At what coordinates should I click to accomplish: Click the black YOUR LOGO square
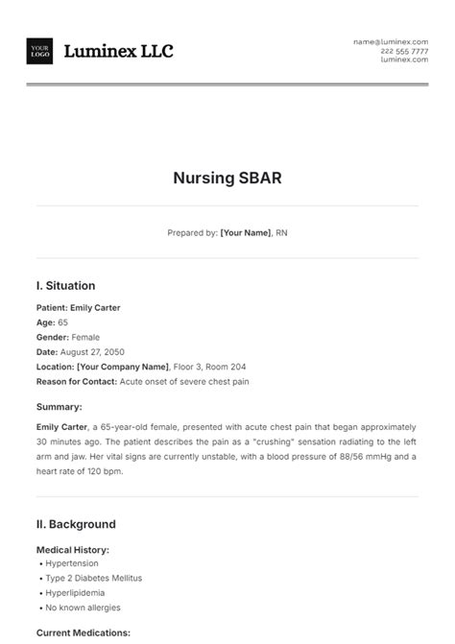click(40, 51)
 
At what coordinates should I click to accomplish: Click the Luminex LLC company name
click(118, 52)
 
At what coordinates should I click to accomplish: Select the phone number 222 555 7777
click(404, 51)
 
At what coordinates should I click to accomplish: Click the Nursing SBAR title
click(227, 178)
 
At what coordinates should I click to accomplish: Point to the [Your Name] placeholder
click(245, 232)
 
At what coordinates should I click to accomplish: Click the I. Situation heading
click(65, 286)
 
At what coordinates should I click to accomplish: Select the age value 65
click(63, 322)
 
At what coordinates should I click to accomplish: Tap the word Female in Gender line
click(87, 337)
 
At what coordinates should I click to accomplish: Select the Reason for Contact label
click(76, 381)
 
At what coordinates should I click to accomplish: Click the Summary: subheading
click(60, 407)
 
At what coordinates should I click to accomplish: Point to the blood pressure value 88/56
click(328, 457)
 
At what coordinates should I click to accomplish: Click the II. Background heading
click(76, 524)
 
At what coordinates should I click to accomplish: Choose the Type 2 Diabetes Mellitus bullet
click(92, 579)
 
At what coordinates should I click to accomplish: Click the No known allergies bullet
click(83, 608)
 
